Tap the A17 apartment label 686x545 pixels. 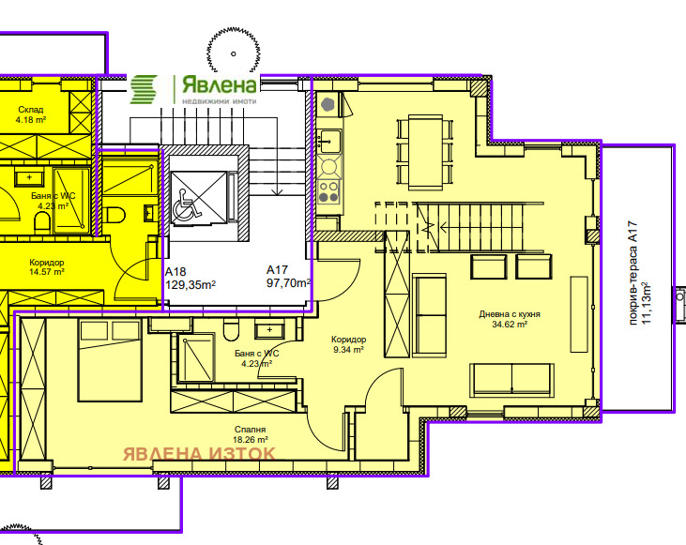[x=278, y=269]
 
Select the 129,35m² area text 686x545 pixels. [x=191, y=285]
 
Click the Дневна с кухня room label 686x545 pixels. [x=510, y=314]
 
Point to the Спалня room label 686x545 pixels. [x=251, y=430]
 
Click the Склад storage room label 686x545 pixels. [x=31, y=110]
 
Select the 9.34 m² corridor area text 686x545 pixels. [x=348, y=350]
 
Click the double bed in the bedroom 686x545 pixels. [x=110, y=360]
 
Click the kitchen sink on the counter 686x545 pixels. [x=330, y=141]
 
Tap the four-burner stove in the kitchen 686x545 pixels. [x=329, y=191]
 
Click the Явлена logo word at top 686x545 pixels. [x=219, y=85]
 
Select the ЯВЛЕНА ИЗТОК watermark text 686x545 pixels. [x=200, y=454]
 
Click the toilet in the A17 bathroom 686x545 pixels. [x=231, y=330]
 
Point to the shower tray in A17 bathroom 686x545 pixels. [x=196, y=357]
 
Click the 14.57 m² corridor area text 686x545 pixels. [x=47, y=272]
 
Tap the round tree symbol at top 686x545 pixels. [x=233, y=52]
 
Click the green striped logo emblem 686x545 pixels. [x=144, y=89]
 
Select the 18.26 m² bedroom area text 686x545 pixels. [x=251, y=440]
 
